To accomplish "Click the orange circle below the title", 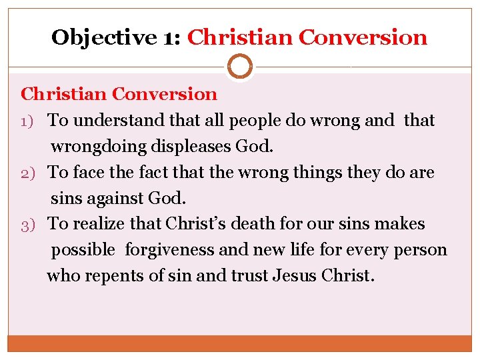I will pyautogui.click(x=240, y=67).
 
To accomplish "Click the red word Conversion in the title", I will pyautogui.click(x=363, y=37).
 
